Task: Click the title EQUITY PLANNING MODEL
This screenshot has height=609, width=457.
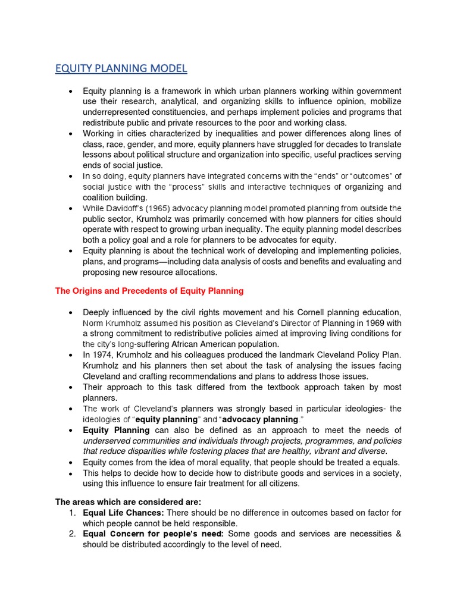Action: click(x=121, y=68)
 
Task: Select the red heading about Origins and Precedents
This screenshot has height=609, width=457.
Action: click(x=149, y=291)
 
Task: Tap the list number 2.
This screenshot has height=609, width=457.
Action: click(x=71, y=533)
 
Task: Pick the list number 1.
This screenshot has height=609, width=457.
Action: click(x=71, y=513)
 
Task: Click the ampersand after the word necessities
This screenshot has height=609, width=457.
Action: click(x=397, y=533)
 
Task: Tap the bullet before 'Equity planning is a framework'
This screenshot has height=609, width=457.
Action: click(x=71, y=91)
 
